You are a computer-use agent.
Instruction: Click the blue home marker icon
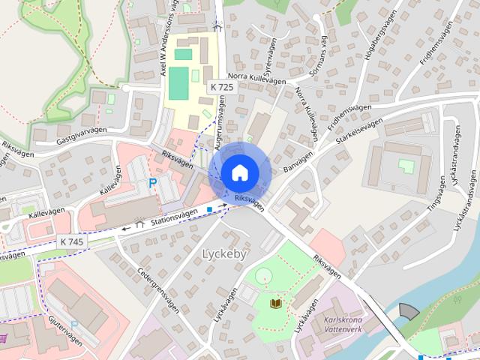[x=239, y=172]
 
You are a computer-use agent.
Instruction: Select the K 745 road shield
[x=71, y=241]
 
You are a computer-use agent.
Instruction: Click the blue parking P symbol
[x=153, y=183]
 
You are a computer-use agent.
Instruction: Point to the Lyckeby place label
[x=224, y=254]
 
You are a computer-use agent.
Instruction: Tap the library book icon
[x=276, y=303]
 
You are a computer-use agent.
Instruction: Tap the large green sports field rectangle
[x=178, y=83]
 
